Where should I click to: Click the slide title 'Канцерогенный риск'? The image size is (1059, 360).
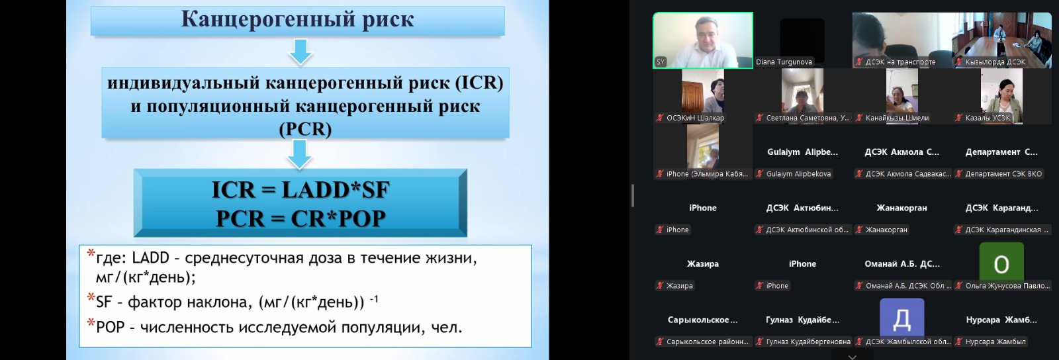pyautogui.click(x=297, y=20)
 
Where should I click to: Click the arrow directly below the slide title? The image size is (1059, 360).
pyautogui.click(x=300, y=52)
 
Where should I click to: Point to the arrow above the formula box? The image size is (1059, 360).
pyautogui.click(x=299, y=154)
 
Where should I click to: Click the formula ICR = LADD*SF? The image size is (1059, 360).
pyautogui.click(x=300, y=189)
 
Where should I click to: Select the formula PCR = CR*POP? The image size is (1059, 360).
pyautogui.click(x=300, y=218)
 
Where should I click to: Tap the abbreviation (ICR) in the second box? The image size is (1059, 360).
pyautogui.click(x=479, y=83)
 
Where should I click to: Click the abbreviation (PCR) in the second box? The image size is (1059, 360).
pyautogui.click(x=305, y=129)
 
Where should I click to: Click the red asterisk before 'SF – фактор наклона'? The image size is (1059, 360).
pyautogui.click(x=91, y=298)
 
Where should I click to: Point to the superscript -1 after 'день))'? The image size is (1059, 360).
pyautogui.click(x=373, y=298)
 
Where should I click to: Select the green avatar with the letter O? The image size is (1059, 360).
pyautogui.click(x=1001, y=265)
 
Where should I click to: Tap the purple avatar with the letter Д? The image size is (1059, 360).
pyautogui.click(x=901, y=320)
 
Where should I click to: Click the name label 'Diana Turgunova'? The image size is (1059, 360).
pyautogui.click(x=784, y=62)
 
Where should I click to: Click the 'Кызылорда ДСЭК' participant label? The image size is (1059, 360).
pyautogui.click(x=995, y=62)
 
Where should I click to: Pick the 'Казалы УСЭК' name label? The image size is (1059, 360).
pyautogui.click(x=988, y=118)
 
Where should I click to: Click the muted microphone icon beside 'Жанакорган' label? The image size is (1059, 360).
pyautogui.click(x=859, y=230)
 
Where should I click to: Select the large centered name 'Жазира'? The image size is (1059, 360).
pyautogui.click(x=702, y=263)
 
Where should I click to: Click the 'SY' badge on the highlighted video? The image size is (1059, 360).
pyautogui.click(x=661, y=62)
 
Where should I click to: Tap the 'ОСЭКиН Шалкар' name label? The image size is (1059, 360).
pyautogui.click(x=695, y=118)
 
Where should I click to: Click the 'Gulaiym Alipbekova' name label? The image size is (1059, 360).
pyautogui.click(x=798, y=174)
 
